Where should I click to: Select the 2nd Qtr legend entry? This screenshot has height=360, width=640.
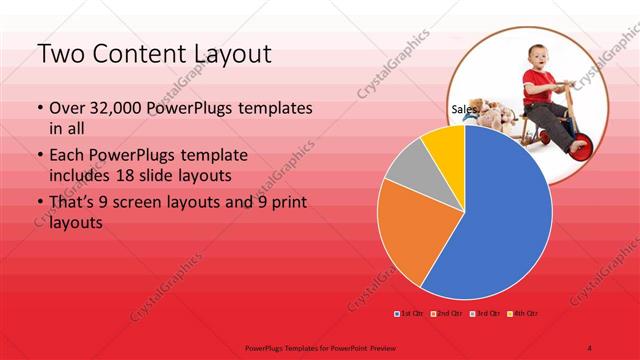[448, 315]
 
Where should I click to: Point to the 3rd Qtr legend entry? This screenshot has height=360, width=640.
[487, 315]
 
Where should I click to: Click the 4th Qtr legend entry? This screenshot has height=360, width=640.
[526, 315]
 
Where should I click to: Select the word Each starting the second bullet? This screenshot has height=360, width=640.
[67, 156]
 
